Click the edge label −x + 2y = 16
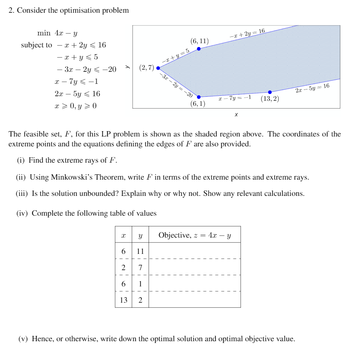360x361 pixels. click(x=247, y=33)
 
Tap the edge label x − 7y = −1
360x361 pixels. click(x=235, y=98)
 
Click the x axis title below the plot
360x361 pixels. click(x=236, y=115)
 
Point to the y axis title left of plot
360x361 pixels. click(x=128, y=66)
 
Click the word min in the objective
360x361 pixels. click(x=44, y=33)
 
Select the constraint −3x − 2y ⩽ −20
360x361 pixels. click(x=86, y=69)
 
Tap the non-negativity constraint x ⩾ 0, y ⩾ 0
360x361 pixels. click(x=76, y=106)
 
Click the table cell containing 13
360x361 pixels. click(x=123, y=300)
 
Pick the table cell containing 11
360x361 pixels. click(x=140, y=251)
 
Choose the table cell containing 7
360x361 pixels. click(x=140, y=267)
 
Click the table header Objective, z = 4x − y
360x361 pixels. click(x=194, y=235)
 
